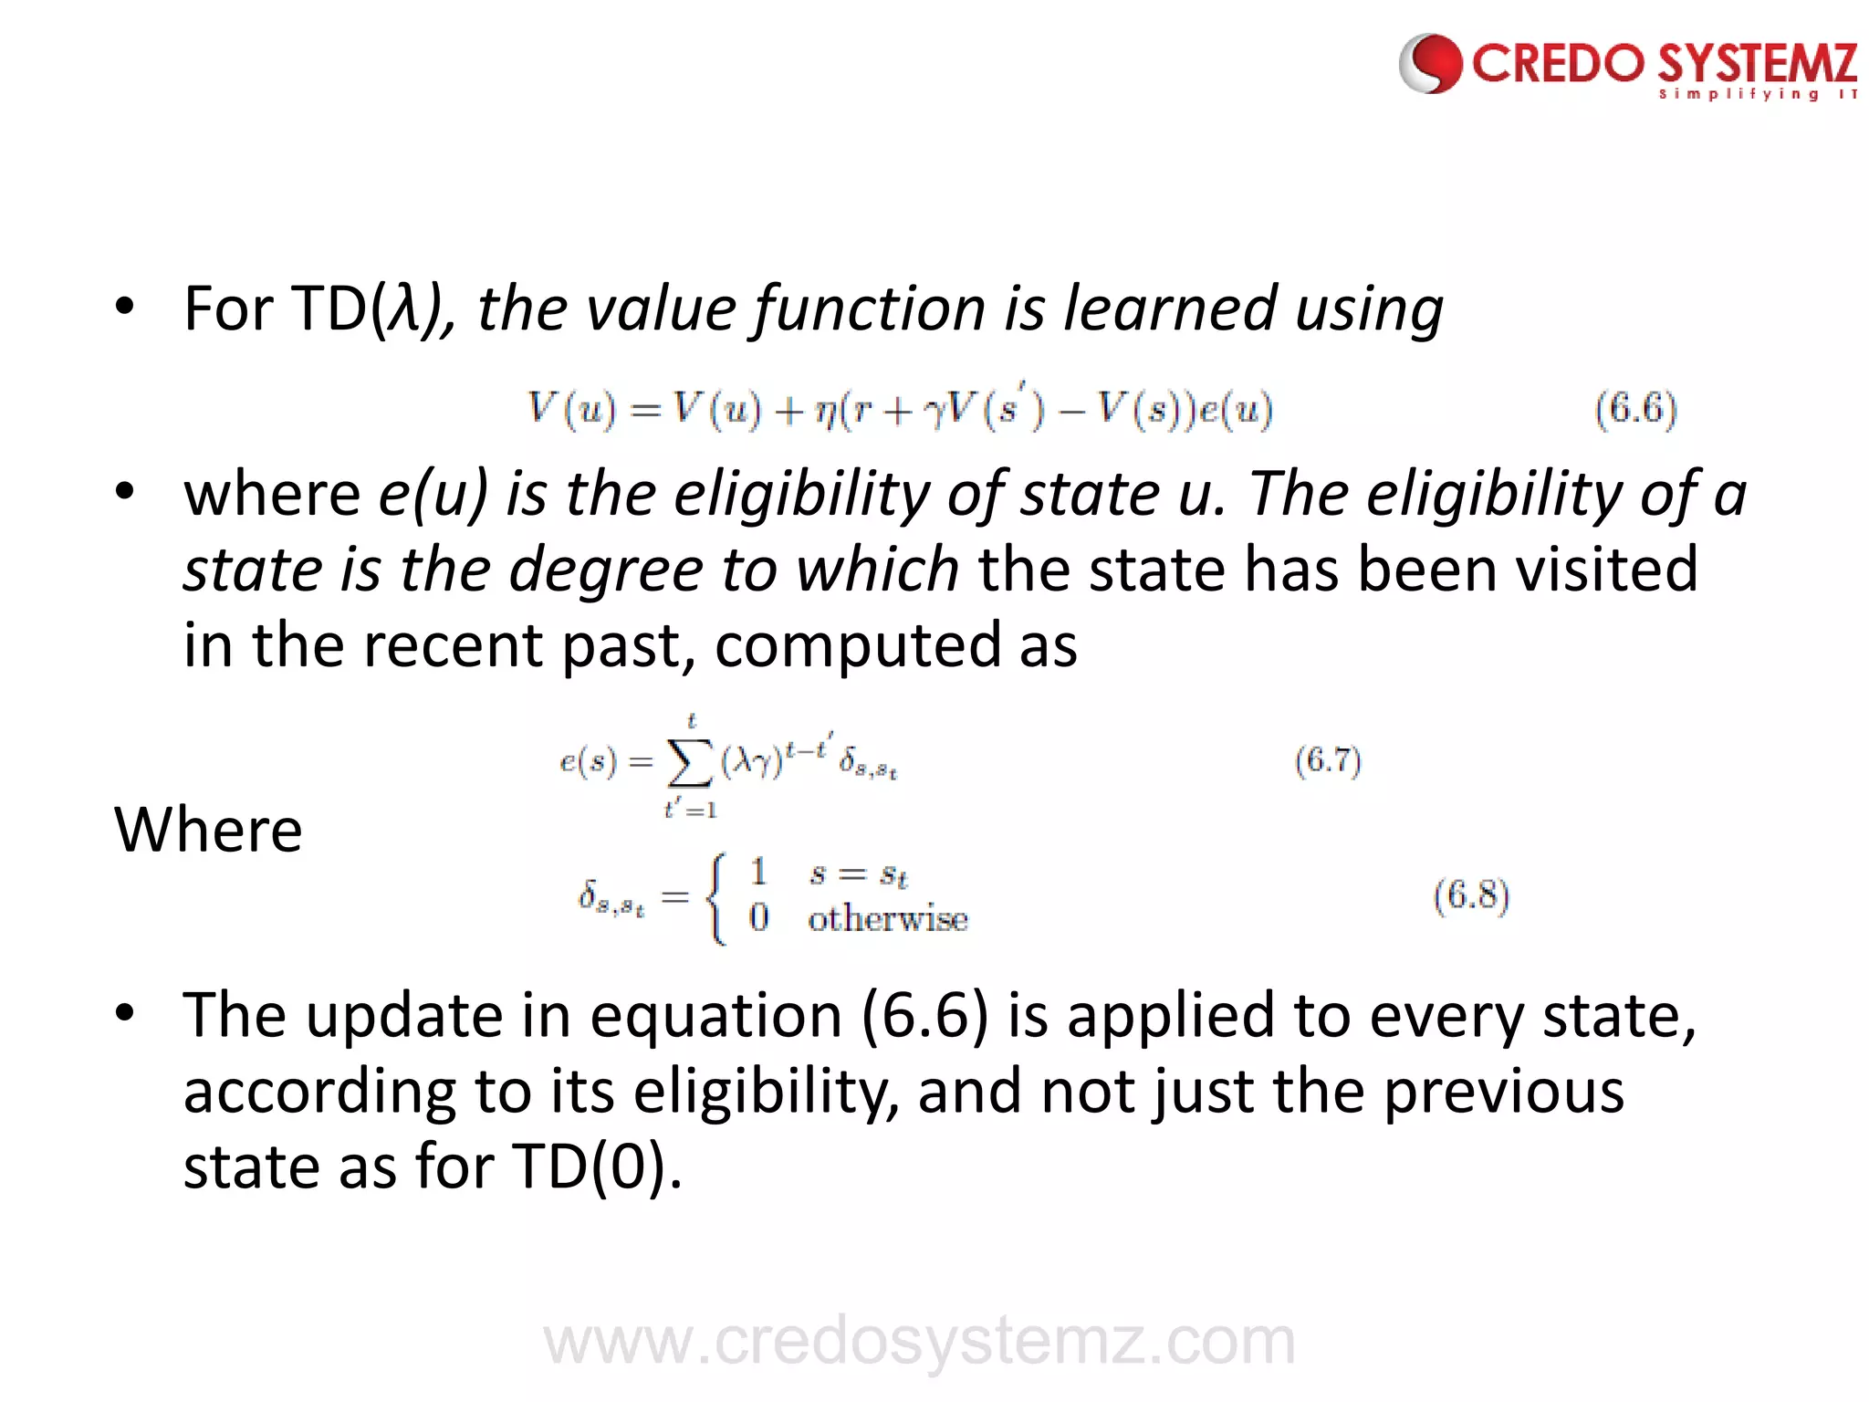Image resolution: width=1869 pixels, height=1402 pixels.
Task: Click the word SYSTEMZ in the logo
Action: [x=1758, y=64]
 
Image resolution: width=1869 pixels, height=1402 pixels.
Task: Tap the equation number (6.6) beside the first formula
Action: [x=1635, y=409]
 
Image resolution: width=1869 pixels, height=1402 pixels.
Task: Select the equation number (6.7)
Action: [x=1328, y=760]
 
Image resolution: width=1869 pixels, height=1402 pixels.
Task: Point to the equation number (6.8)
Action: [x=1471, y=895]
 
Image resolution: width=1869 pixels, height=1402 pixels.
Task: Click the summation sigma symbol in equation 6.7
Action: [x=690, y=763]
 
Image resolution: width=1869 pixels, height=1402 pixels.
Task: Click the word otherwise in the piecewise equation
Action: [x=887, y=918]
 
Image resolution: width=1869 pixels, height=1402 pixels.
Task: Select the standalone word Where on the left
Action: [x=208, y=830]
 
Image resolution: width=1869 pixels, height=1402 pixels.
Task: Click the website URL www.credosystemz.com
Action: [x=919, y=1342]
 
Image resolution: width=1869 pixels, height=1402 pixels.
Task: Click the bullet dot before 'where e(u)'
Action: [x=125, y=492]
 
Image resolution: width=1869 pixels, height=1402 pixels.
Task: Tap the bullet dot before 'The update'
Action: [x=125, y=1012]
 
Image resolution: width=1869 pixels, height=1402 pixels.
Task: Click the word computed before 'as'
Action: [x=858, y=646]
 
